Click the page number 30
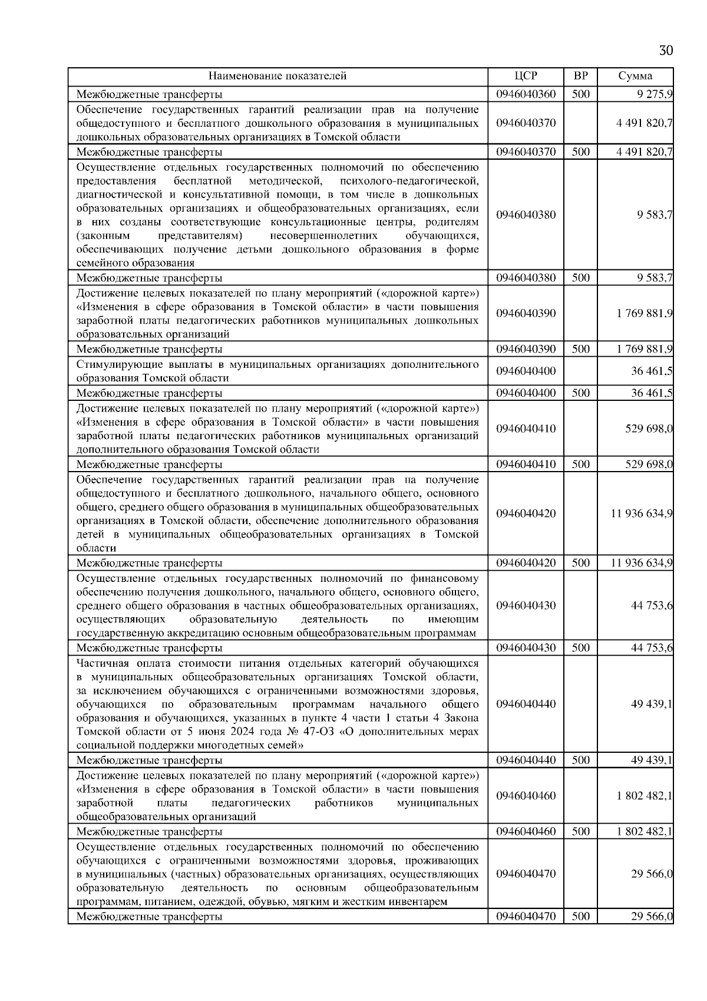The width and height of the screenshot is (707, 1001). (x=665, y=50)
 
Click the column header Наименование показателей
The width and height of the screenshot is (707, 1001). (x=277, y=76)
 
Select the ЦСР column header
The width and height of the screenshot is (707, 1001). (x=526, y=76)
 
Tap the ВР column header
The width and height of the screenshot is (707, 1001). (x=580, y=76)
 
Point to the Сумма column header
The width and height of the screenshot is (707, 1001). (x=635, y=76)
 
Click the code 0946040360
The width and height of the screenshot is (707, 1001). (x=526, y=94)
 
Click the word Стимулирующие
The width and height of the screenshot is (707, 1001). (x=110, y=364)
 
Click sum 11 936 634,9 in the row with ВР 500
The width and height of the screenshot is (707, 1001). (x=642, y=563)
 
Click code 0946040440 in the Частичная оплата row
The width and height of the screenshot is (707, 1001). (x=526, y=704)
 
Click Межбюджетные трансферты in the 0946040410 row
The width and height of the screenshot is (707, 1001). (x=149, y=465)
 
